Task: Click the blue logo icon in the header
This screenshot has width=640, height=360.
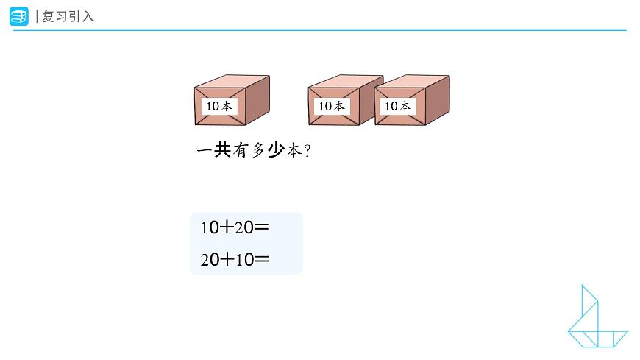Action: click(x=18, y=16)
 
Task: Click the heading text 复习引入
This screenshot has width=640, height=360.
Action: click(x=68, y=16)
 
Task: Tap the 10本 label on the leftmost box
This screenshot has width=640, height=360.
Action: click(x=219, y=106)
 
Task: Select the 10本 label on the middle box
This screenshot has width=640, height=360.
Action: click(x=331, y=106)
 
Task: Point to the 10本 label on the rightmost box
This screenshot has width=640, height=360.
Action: click(x=397, y=106)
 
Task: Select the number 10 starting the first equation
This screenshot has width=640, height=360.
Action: click(x=208, y=228)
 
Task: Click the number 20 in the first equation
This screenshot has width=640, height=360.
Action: click(x=243, y=228)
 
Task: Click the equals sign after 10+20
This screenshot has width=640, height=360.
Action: click(x=261, y=228)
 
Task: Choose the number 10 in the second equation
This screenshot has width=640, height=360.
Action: click(x=243, y=259)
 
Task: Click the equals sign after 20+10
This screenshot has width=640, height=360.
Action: click(x=261, y=259)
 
